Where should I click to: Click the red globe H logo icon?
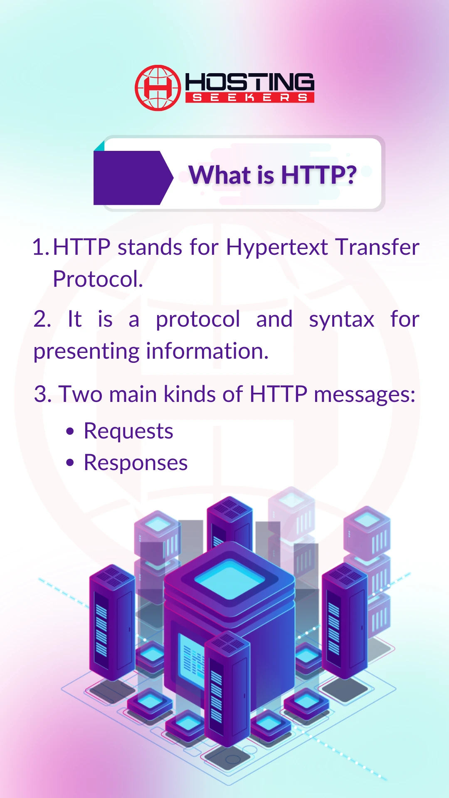coord(158,88)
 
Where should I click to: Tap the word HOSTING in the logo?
coord(249,82)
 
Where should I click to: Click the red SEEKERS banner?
coord(249,98)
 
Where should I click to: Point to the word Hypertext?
coord(277,248)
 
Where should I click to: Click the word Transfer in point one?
coord(377,247)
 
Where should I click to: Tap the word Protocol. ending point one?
coord(98,279)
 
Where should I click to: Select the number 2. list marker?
coord(42,320)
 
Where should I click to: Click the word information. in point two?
coord(207,351)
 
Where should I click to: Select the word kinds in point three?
coord(190,394)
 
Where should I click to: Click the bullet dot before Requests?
coord(70,431)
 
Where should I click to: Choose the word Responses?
coord(136,463)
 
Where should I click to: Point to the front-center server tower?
coord(227,690)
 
